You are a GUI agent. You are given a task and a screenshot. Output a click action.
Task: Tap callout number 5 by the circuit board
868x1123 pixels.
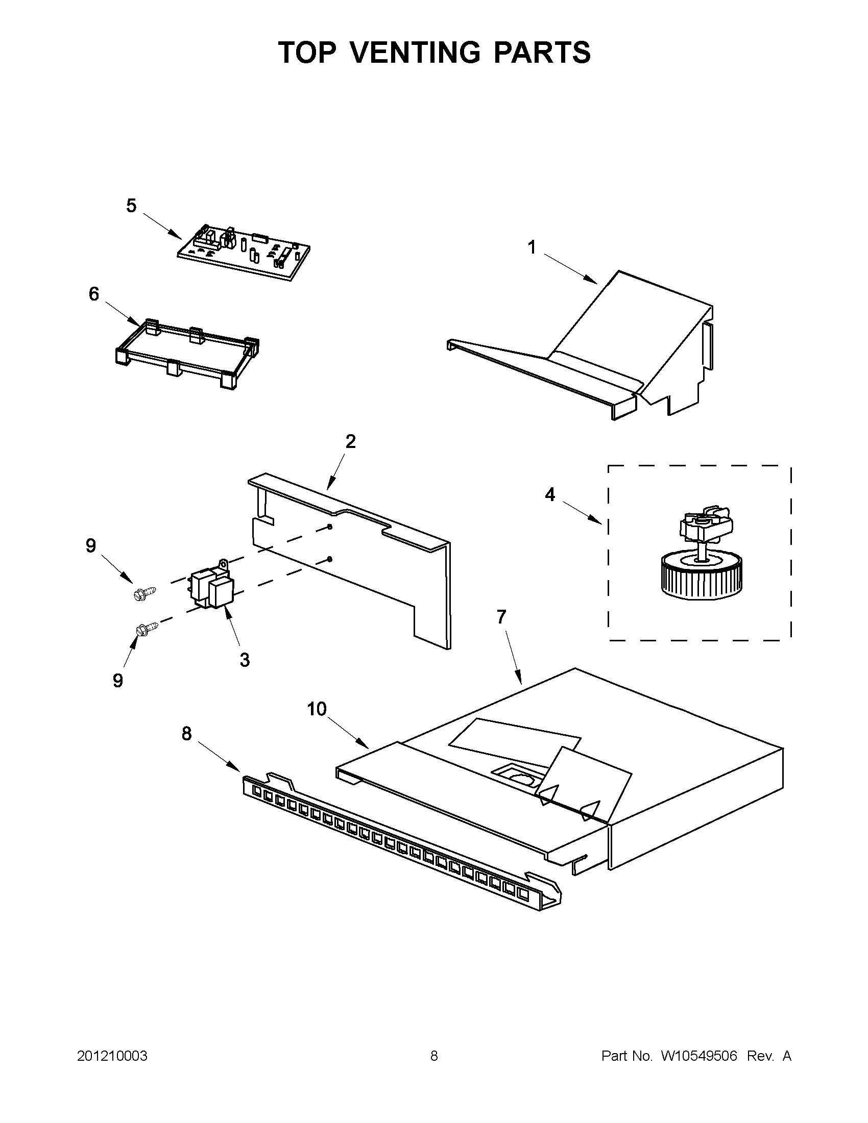(132, 206)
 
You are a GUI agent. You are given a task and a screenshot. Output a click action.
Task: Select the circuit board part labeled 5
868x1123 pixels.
(244, 252)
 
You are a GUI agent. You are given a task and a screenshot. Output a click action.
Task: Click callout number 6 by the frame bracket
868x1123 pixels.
(93, 294)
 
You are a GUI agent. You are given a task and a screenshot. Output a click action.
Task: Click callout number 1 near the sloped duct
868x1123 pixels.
(532, 248)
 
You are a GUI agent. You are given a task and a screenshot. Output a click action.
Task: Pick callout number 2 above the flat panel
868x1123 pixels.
(350, 441)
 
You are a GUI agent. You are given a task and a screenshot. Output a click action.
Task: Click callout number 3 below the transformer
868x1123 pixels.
(245, 660)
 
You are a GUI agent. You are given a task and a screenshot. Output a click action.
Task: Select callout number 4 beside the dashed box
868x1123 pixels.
(550, 494)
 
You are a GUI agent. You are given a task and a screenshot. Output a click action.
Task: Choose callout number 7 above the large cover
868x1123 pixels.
(502, 616)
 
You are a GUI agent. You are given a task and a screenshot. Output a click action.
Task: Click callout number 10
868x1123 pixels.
(317, 709)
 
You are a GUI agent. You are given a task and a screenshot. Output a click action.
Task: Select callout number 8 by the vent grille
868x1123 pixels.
(186, 734)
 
